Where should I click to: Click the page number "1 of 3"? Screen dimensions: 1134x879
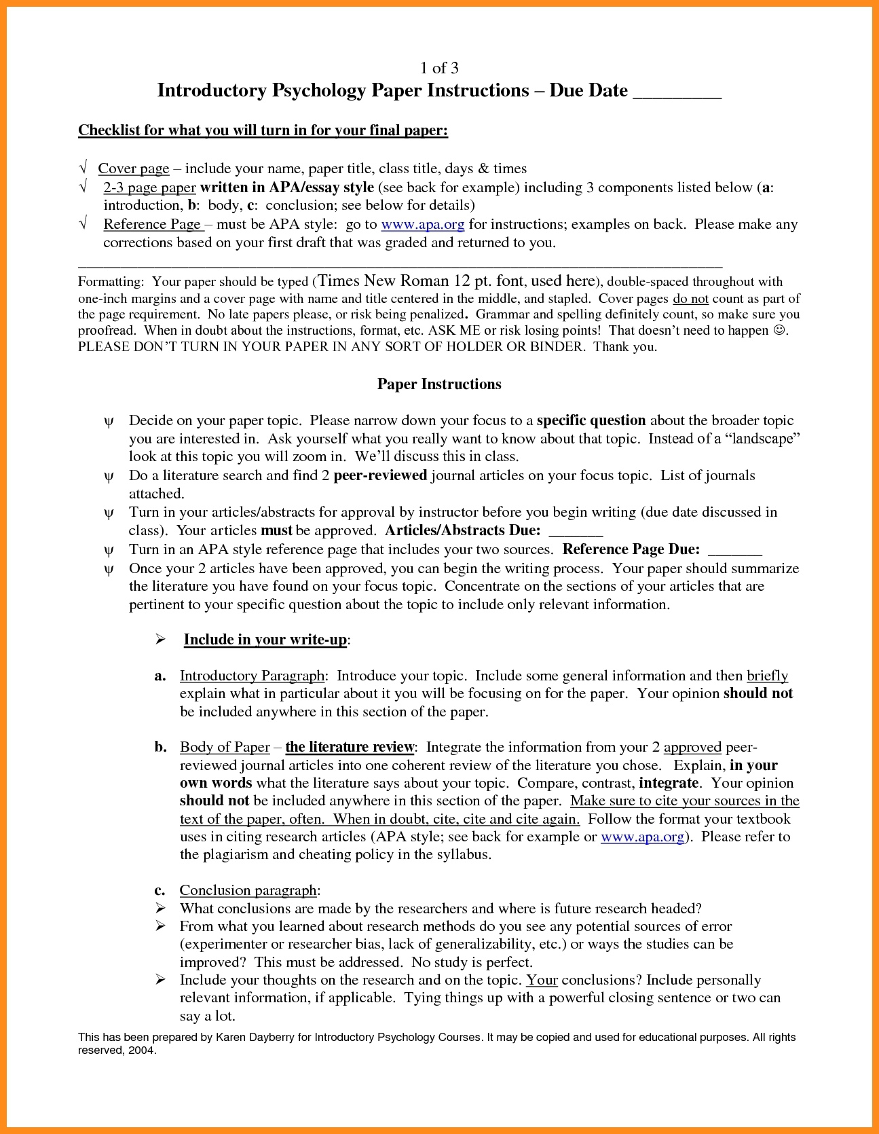click(x=439, y=68)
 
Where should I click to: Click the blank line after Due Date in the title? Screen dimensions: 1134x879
click(x=677, y=92)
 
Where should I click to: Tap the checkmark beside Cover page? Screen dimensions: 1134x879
click(x=83, y=168)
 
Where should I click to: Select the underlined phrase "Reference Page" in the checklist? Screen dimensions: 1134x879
click(x=152, y=224)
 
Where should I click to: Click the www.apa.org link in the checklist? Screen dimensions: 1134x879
click(x=423, y=224)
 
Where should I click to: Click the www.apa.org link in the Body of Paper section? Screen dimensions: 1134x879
click(x=642, y=837)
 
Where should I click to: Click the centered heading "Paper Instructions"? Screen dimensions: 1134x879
click(x=439, y=384)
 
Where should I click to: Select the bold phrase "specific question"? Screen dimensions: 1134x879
click(x=591, y=420)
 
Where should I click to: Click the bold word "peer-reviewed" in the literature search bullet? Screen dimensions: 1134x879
click(x=380, y=475)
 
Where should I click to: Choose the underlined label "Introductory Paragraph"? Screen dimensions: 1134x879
click(x=252, y=676)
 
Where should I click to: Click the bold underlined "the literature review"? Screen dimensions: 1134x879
click(x=350, y=747)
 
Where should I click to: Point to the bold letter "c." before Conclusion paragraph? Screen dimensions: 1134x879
click(x=160, y=890)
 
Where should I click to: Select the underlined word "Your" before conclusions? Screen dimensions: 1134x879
click(x=542, y=980)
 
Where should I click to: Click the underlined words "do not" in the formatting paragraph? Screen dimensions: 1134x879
click(x=690, y=299)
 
